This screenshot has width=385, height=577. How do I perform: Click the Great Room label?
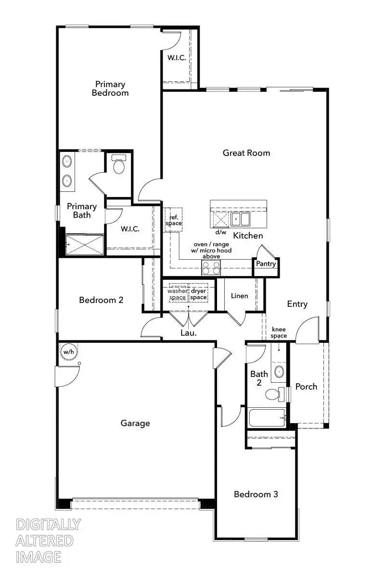pyautogui.click(x=246, y=153)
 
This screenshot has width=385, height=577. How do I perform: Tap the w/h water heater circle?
pyautogui.click(x=68, y=352)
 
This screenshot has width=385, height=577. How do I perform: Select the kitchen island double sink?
pyautogui.click(x=240, y=219)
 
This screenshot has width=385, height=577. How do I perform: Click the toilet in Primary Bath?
pyautogui.click(x=118, y=166)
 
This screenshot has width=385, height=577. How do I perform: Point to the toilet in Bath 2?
pyautogui.click(x=273, y=394)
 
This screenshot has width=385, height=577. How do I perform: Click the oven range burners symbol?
pyautogui.click(x=211, y=267)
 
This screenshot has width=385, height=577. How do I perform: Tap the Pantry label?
pyautogui.click(x=266, y=264)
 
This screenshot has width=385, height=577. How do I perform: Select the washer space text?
pyautogui.click(x=177, y=294)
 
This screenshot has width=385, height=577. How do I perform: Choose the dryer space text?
pyautogui.click(x=198, y=294)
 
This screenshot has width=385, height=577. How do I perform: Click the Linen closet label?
pyautogui.click(x=239, y=296)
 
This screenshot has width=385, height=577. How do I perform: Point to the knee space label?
pyautogui.click(x=279, y=332)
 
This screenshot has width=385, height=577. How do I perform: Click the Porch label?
pyautogui.click(x=306, y=387)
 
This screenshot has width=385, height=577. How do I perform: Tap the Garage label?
pyautogui.click(x=135, y=423)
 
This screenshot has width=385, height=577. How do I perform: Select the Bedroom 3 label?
pyautogui.click(x=256, y=494)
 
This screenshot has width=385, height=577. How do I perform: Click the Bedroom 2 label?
pyautogui.click(x=101, y=300)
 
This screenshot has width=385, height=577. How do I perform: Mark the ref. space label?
pyautogui.click(x=173, y=221)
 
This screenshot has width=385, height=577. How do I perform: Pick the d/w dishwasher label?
pyautogui.click(x=220, y=232)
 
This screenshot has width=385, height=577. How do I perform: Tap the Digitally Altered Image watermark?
pyautogui.click(x=48, y=540)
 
